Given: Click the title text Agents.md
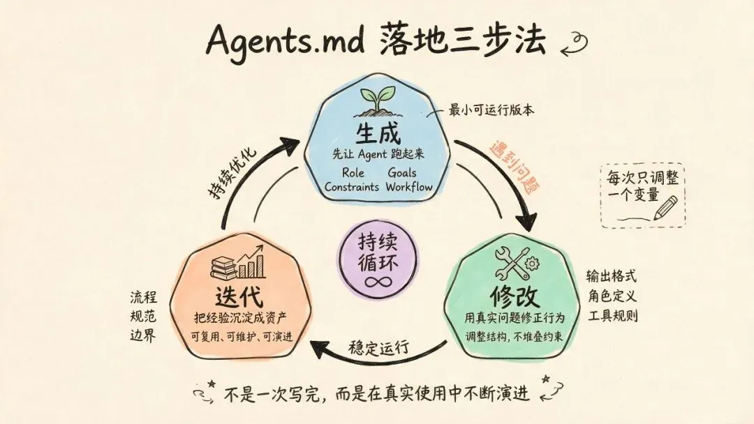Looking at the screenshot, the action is tap(285, 40).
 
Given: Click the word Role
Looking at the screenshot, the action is tap(353, 172).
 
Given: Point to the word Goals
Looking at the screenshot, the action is tap(402, 172).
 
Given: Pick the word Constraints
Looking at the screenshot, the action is tap(351, 187).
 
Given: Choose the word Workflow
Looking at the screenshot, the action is tap(409, 187).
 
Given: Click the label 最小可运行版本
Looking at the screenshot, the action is tap(491, 110).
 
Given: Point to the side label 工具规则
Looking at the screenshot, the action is tap(613, 315).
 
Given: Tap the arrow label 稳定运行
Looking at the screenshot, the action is tap(379, 347).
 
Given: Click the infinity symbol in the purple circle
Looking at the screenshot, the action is tap(378, 280).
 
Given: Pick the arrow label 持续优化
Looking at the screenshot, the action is tap(232, 172).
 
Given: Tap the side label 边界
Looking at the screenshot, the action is tap(143, 335).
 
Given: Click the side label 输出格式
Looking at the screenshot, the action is tap(611, 276).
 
